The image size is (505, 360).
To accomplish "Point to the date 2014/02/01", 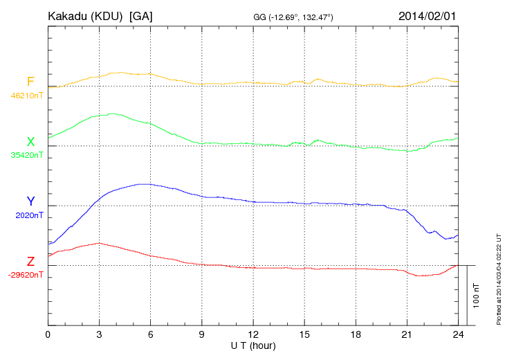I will pos(428,15).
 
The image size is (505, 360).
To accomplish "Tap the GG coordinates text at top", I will pos(294,16).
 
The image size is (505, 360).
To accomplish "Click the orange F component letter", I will pos(30,82).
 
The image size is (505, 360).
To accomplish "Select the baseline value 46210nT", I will pos(27,96).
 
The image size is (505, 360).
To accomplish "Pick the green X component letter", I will pos(30,142).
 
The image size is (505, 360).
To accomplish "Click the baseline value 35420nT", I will pos(27,155).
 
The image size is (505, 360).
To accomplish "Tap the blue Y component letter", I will pos(30,201).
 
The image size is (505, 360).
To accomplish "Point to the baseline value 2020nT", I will pos(29,215).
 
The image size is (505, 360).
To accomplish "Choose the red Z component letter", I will pos(30,261).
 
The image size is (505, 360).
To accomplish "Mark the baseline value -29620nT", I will pos(26,275).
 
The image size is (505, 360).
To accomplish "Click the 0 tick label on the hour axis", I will pos(48,335).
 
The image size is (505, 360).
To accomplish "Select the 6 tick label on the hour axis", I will pos(150,335).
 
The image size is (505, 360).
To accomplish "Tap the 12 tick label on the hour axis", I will pos(253,335).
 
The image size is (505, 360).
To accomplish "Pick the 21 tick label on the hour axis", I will pos(407,335).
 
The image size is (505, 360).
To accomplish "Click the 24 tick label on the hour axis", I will pos(458,335).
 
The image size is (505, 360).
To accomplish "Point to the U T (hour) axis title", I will pos(253,345).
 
